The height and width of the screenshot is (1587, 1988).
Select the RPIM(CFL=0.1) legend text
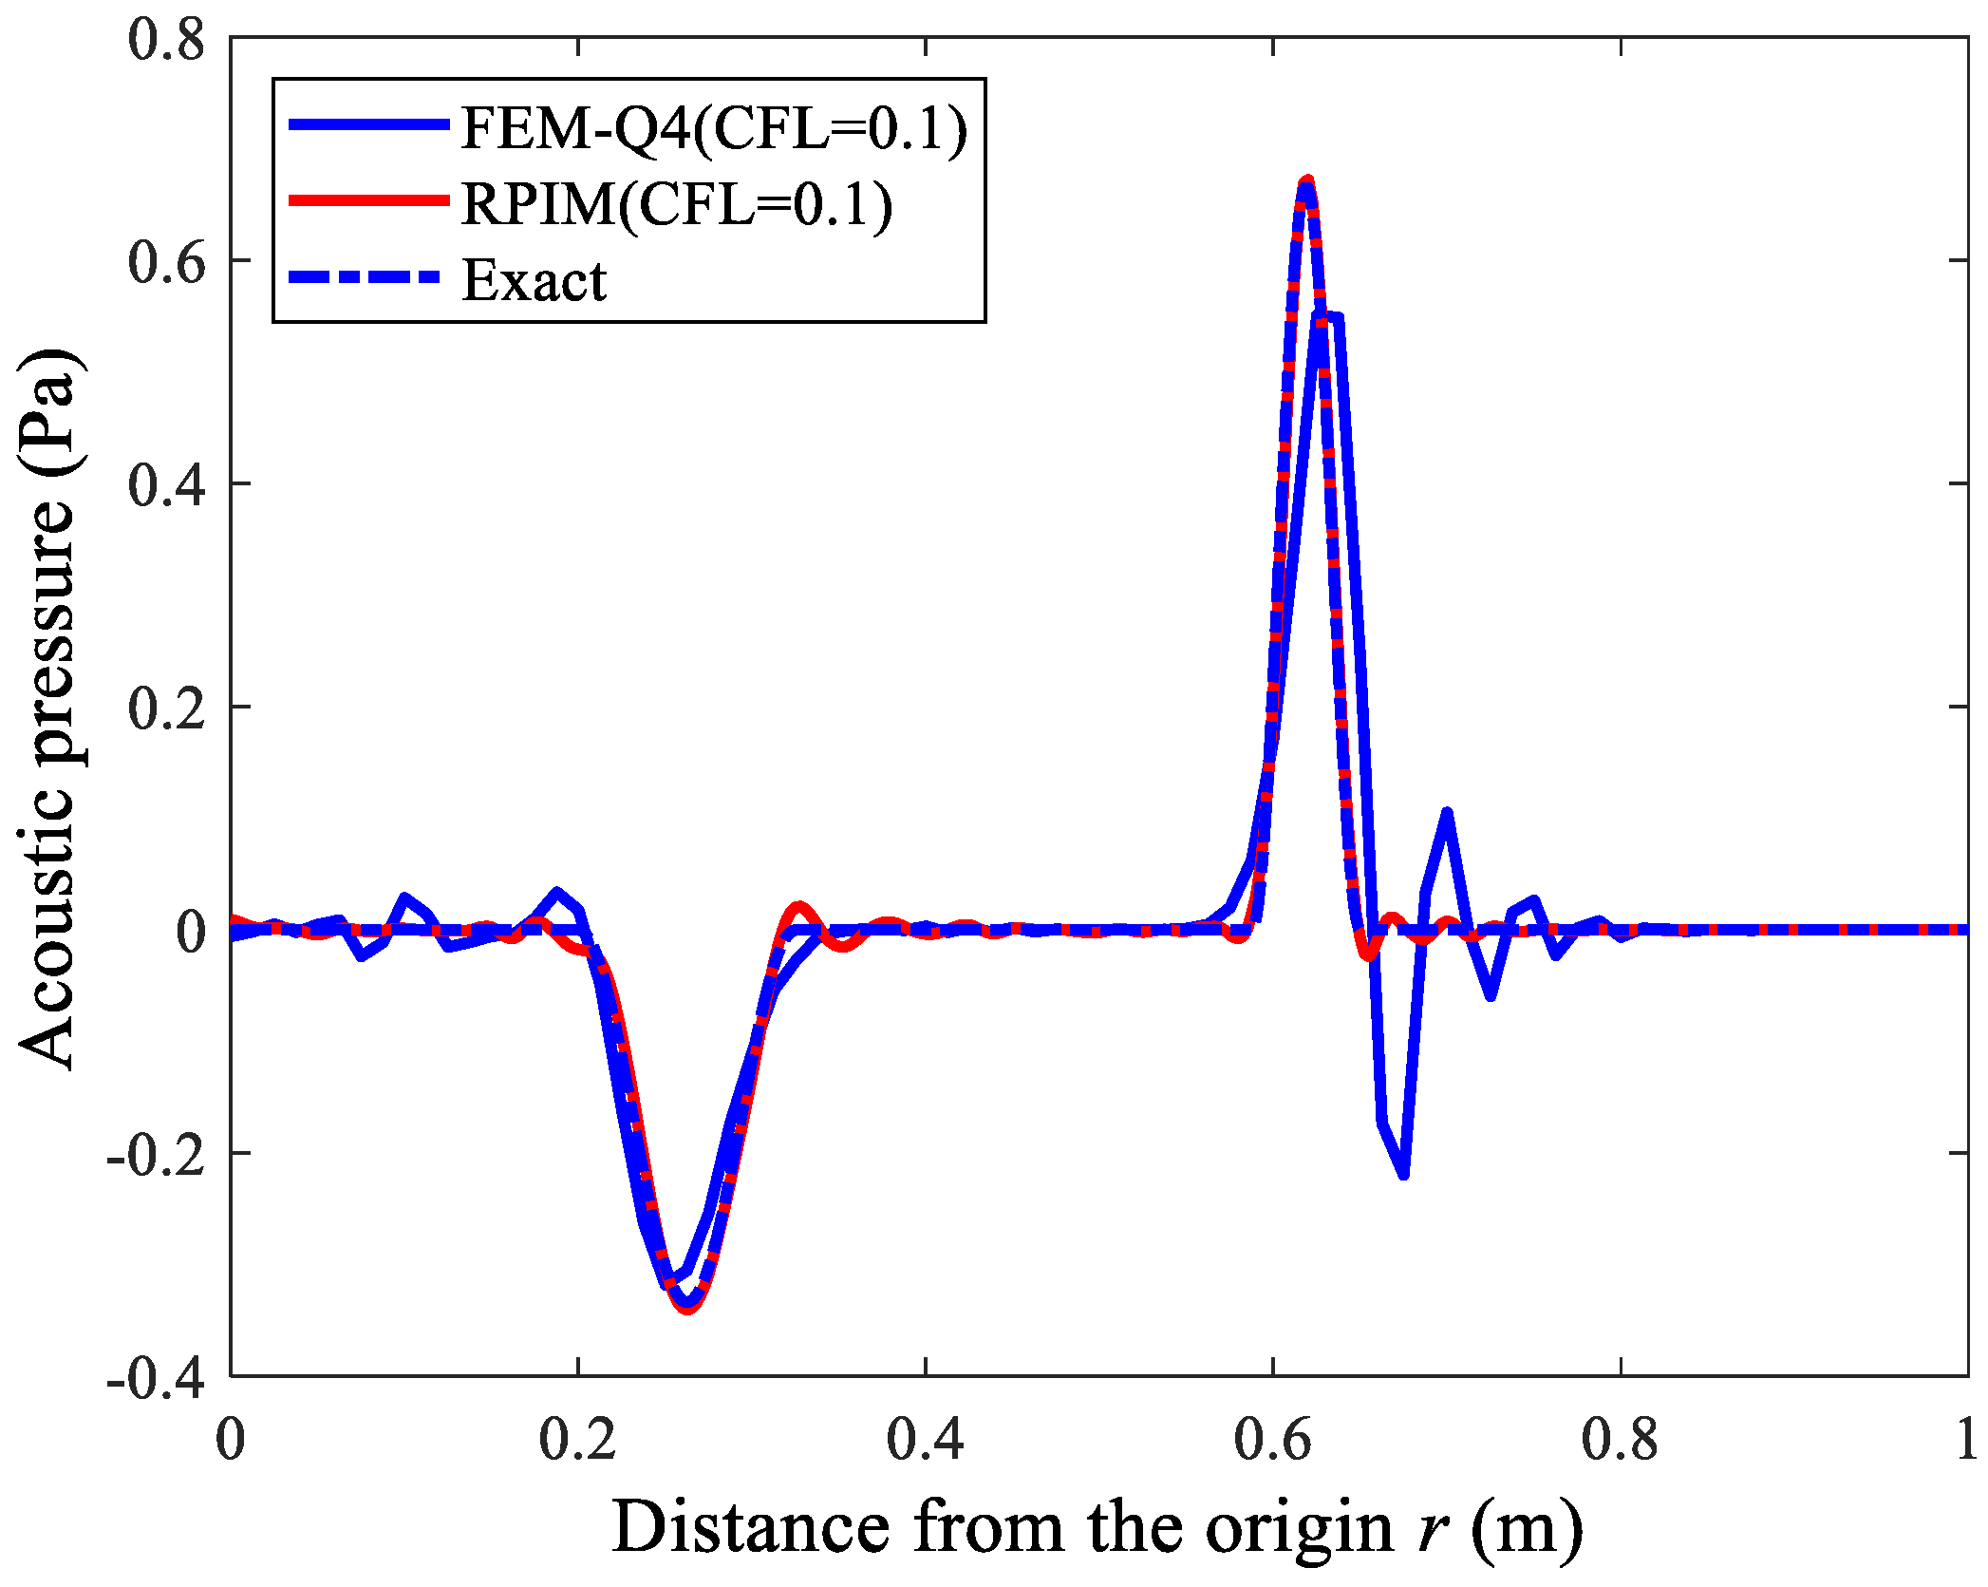click(x=677, y=203)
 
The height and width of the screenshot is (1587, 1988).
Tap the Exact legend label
click(x=534, y=280)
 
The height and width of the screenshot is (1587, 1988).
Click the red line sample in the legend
click(x=368, y=200)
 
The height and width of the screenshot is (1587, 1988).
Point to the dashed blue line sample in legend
click(x=368, y=277)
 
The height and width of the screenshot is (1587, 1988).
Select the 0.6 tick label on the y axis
click(x=166, y=262)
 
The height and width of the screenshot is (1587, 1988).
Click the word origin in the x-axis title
click(x=1299, y=1529)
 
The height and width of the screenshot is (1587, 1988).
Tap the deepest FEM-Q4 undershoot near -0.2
click(x=1403, y=1176)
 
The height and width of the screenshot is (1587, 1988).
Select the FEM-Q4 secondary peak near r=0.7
click(x=1447, y=813)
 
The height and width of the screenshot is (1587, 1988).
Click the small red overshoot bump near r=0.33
click(x=798, y=907)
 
